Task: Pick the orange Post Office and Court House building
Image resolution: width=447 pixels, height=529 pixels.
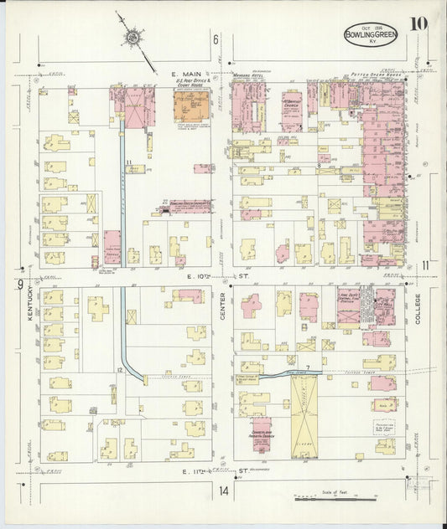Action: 192,109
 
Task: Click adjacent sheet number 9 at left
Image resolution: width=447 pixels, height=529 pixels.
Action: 18,285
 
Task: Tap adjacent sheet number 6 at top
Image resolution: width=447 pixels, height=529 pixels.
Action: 216,40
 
